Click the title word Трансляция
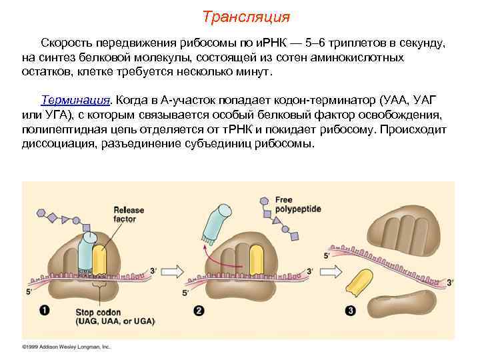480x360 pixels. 246,16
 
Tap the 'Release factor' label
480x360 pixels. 129,214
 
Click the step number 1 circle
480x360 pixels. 44,310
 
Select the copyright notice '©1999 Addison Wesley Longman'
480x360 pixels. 67,347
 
